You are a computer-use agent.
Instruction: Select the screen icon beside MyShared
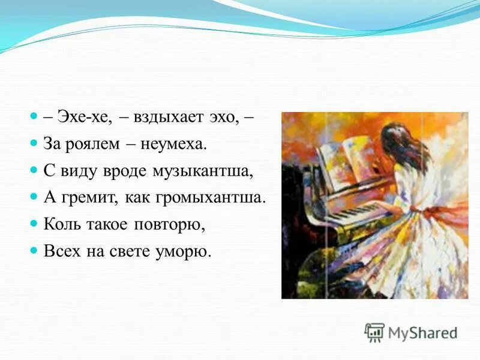pos(374,332)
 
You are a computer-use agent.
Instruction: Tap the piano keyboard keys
pos(355,212)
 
